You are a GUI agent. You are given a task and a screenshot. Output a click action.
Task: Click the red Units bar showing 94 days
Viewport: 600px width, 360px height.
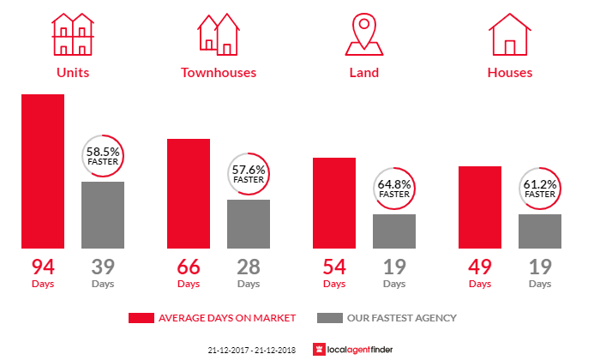43,171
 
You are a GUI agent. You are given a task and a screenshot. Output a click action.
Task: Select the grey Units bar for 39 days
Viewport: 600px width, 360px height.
103,215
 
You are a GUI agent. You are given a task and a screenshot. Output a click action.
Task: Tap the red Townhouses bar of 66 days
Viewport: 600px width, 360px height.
189,194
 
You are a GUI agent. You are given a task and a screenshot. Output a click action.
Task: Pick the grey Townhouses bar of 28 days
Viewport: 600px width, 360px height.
249,224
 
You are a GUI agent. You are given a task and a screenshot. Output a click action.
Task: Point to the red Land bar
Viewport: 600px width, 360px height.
334,203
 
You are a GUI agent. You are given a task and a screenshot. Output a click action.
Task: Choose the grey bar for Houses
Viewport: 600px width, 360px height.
540,231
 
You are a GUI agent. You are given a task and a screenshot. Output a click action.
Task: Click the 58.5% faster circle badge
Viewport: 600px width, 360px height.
103,156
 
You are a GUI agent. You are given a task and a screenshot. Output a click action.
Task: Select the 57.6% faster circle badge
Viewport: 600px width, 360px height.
249,174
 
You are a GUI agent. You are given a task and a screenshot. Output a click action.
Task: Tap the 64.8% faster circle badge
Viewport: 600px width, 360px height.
394,189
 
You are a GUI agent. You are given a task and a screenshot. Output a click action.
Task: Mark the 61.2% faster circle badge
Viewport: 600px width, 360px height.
540,189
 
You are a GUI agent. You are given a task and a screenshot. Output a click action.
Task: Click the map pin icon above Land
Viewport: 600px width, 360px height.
363,33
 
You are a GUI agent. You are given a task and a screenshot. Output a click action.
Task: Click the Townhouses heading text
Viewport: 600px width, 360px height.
219,73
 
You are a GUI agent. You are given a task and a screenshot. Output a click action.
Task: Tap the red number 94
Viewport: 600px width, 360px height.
43,265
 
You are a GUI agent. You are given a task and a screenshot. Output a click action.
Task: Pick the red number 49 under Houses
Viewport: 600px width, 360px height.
480,265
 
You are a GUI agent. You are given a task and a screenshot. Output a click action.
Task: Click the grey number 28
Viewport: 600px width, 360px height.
249,265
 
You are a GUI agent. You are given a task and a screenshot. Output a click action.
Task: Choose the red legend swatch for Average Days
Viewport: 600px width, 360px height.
141,318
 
